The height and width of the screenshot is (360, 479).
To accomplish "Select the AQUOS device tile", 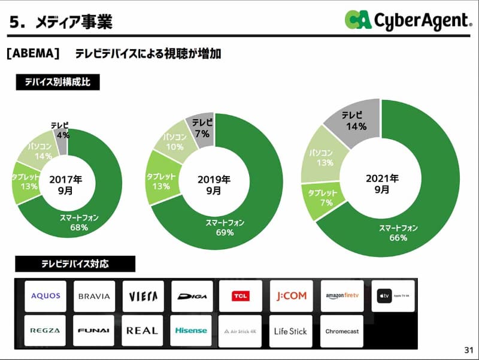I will [x=46, y=296].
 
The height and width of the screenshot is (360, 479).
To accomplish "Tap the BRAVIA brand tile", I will [x=94, y=296].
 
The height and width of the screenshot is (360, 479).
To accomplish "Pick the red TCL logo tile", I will [x=240, y=296].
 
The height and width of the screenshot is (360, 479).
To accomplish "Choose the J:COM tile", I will [x=291, y=296].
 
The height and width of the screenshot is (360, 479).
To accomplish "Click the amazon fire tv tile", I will [x=342, y=296].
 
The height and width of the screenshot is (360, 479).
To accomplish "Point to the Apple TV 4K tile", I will [x=393, y=296].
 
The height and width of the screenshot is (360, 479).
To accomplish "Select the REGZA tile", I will [x=46, y=331].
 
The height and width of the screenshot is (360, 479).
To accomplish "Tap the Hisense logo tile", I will [x=191, y=331].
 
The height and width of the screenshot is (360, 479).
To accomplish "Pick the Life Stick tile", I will [x=290, y=331].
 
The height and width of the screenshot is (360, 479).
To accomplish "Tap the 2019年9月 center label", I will [x=214, y=184].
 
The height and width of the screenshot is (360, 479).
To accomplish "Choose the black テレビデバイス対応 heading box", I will [x=75, y=264].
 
